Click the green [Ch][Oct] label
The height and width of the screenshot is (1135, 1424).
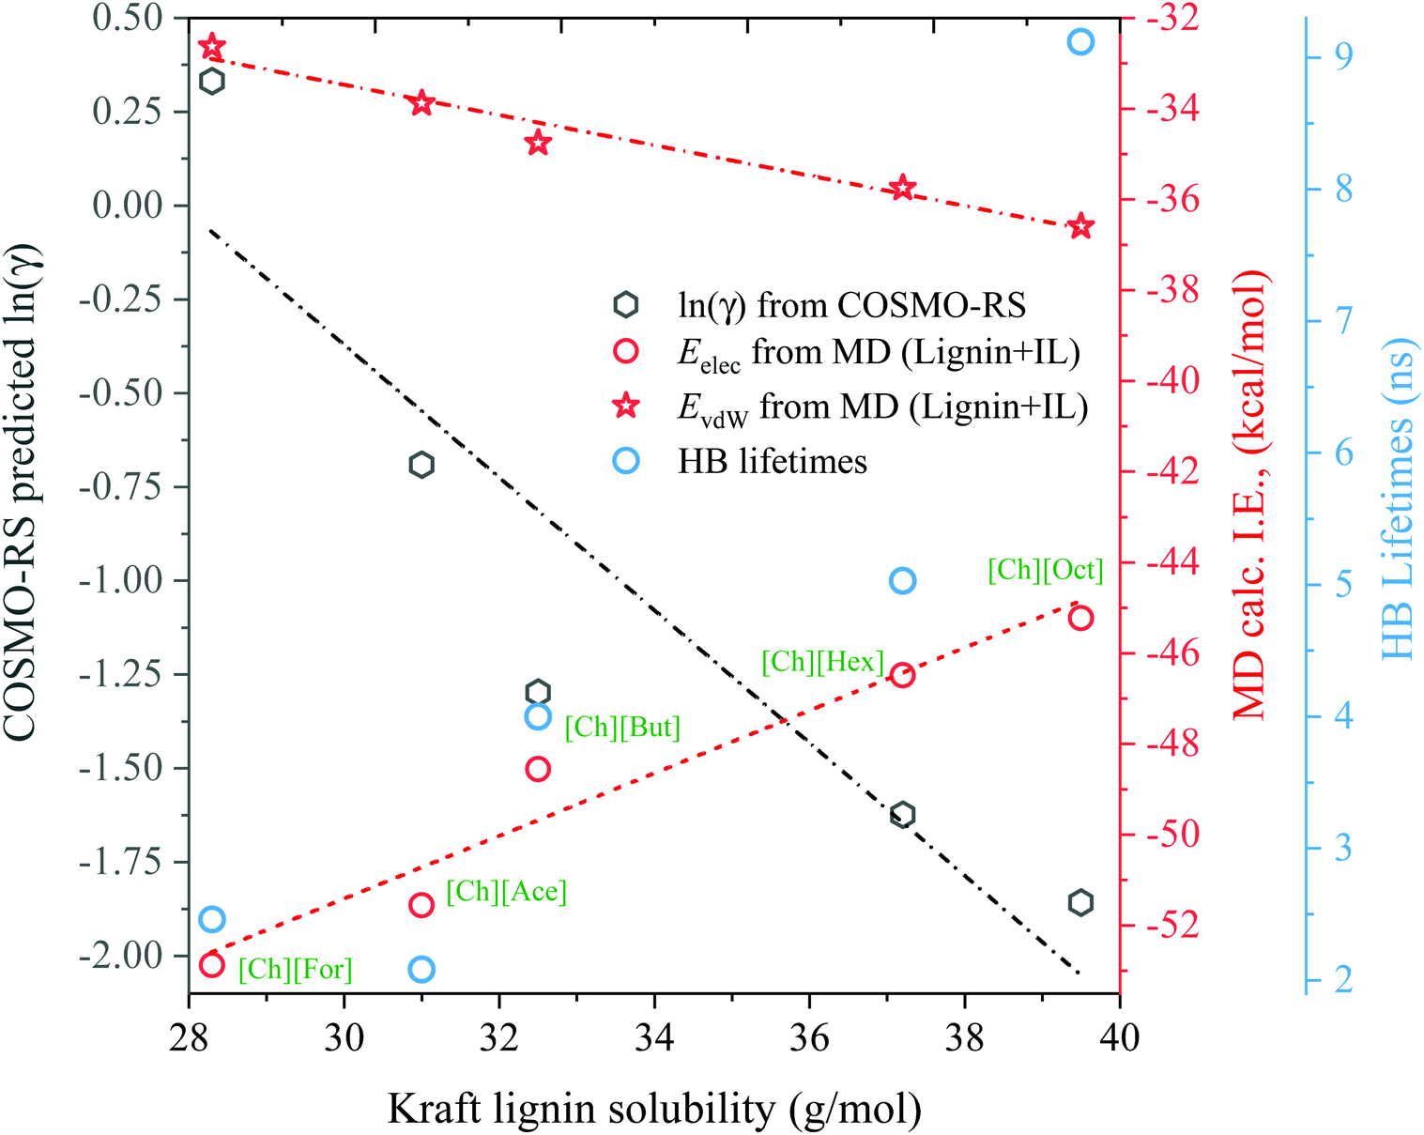[1046, 570]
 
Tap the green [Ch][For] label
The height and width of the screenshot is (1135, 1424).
[295, 970]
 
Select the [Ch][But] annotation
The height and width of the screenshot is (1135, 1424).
[622, 728]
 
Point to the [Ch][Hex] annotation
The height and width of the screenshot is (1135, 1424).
[822, 662]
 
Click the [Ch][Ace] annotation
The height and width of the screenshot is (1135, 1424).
[507, 892]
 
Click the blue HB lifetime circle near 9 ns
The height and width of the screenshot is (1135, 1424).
[1080, 42]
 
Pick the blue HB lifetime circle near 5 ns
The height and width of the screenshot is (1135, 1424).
[903, 581]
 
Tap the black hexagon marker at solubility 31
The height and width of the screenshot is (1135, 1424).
[421, 465]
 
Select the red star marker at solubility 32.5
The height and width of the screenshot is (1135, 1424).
[538, 143]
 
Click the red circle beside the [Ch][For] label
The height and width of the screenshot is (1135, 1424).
[212, 965]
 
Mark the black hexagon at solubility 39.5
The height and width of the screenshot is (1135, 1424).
[1080, 903]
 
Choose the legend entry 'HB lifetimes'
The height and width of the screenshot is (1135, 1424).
[772, 461]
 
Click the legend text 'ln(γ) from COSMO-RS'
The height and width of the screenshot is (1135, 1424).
[852, 306]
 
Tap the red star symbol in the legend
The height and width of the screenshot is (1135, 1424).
[626, 406]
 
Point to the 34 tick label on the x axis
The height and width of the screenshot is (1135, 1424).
[654, 1037]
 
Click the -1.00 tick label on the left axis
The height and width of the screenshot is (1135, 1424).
[120, 581]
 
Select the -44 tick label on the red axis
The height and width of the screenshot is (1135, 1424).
[1172, 563]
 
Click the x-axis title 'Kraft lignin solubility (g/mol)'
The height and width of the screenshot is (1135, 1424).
[653, 1110]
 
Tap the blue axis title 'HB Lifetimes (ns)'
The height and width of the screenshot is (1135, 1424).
[1398, 499]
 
